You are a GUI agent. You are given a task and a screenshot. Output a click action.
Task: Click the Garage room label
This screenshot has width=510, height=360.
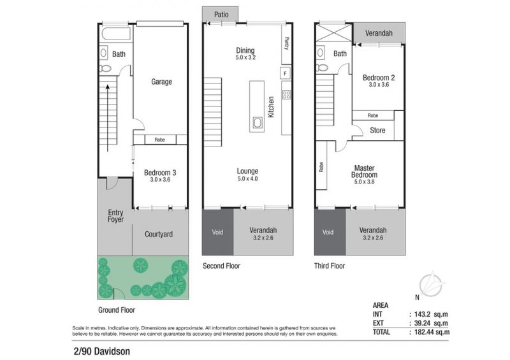click(x=161, y=82)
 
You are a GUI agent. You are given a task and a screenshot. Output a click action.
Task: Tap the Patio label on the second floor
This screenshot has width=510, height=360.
click(x=221, y=14)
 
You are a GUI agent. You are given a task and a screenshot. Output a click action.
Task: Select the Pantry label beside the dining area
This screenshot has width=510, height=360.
click(x=286, y=43)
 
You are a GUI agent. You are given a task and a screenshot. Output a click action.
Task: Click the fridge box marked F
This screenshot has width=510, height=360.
click(x=285, y=73)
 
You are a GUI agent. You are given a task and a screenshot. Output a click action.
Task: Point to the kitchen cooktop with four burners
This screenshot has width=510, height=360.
click(x=286, y=95)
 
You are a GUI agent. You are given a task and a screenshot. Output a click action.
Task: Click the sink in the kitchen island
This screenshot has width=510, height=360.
click(x=257, y=123)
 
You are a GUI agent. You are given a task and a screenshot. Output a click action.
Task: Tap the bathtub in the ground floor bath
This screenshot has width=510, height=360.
click(x=116, y=34)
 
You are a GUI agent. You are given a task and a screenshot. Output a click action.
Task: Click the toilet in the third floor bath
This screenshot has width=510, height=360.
click(x=322, y=68)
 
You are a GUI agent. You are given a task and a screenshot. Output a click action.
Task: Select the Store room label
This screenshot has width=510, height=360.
click(x=377, y=131)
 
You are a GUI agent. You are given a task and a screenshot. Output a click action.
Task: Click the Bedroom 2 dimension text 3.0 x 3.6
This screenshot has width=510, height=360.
click(x=379, y=85)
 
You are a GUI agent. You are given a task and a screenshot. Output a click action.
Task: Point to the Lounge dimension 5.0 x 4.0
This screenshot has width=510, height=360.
click(x=247, y=178)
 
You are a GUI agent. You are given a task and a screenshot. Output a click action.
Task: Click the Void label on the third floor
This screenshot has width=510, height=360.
click(x=328, y=232)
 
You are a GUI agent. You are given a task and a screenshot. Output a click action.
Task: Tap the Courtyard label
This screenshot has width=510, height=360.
click(x=159, y=234)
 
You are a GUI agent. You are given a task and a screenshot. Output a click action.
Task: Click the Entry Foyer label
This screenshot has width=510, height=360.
click(x=115, y=215)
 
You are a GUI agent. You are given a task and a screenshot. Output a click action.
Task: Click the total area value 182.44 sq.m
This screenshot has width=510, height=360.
click(x=432, y=332)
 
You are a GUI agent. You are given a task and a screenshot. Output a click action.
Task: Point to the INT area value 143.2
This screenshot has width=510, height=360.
click(x=422, y=314)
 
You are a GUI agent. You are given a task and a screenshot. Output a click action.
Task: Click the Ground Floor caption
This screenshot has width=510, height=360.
click(x=117, y=310)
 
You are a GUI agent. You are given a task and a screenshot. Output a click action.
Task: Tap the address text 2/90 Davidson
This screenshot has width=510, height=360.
click(x=102, y=351)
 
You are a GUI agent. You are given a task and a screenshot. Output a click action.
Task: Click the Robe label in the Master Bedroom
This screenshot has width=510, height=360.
click(x=321, y=167)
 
